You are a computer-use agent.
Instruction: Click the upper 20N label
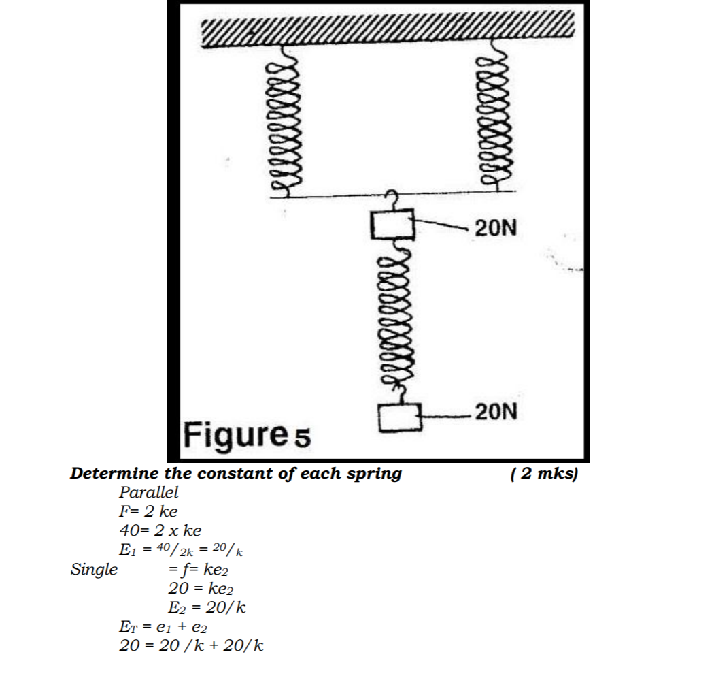click(x=496, y=228)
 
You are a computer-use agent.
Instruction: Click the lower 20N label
click(x=496, y=412)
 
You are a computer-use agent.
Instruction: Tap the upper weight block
click(x=392, y=224)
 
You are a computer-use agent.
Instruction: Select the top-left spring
click(x=286, y=120)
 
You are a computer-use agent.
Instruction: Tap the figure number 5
click(x=302, y=438)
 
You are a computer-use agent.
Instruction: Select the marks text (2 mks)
click(x=543, y=474)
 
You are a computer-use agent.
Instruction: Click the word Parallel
click(x=148, y=492)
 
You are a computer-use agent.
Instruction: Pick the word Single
click(x=94, y=569)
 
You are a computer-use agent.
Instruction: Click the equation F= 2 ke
click(x=148, y=511)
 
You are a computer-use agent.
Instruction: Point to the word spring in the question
click(x=375, y=474)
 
